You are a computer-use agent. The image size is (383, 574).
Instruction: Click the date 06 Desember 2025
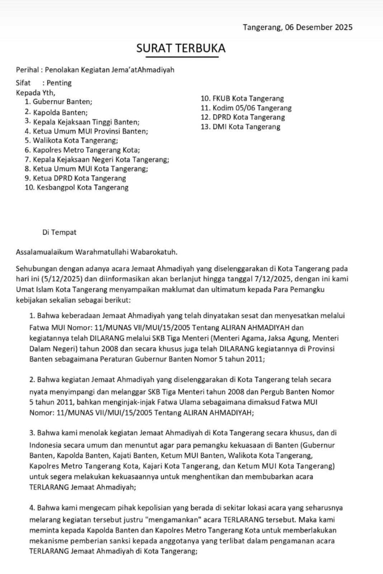(x=319, y=27)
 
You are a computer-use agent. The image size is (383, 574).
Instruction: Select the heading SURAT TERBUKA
(x=181, y=48)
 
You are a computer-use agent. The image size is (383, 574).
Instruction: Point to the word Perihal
(x=27, y=70)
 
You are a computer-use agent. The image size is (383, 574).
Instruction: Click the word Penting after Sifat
(x=59, y=83)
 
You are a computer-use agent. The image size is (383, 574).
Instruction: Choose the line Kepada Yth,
(x=36, y=93)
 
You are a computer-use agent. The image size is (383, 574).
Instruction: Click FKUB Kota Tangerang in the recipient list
(x=248, y=99)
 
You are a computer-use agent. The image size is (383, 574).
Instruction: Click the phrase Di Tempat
(x=59, y=232)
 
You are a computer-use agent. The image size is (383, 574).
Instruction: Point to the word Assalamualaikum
(x=44, y=252)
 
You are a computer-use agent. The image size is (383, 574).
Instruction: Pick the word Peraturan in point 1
(x=117, y=359)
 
